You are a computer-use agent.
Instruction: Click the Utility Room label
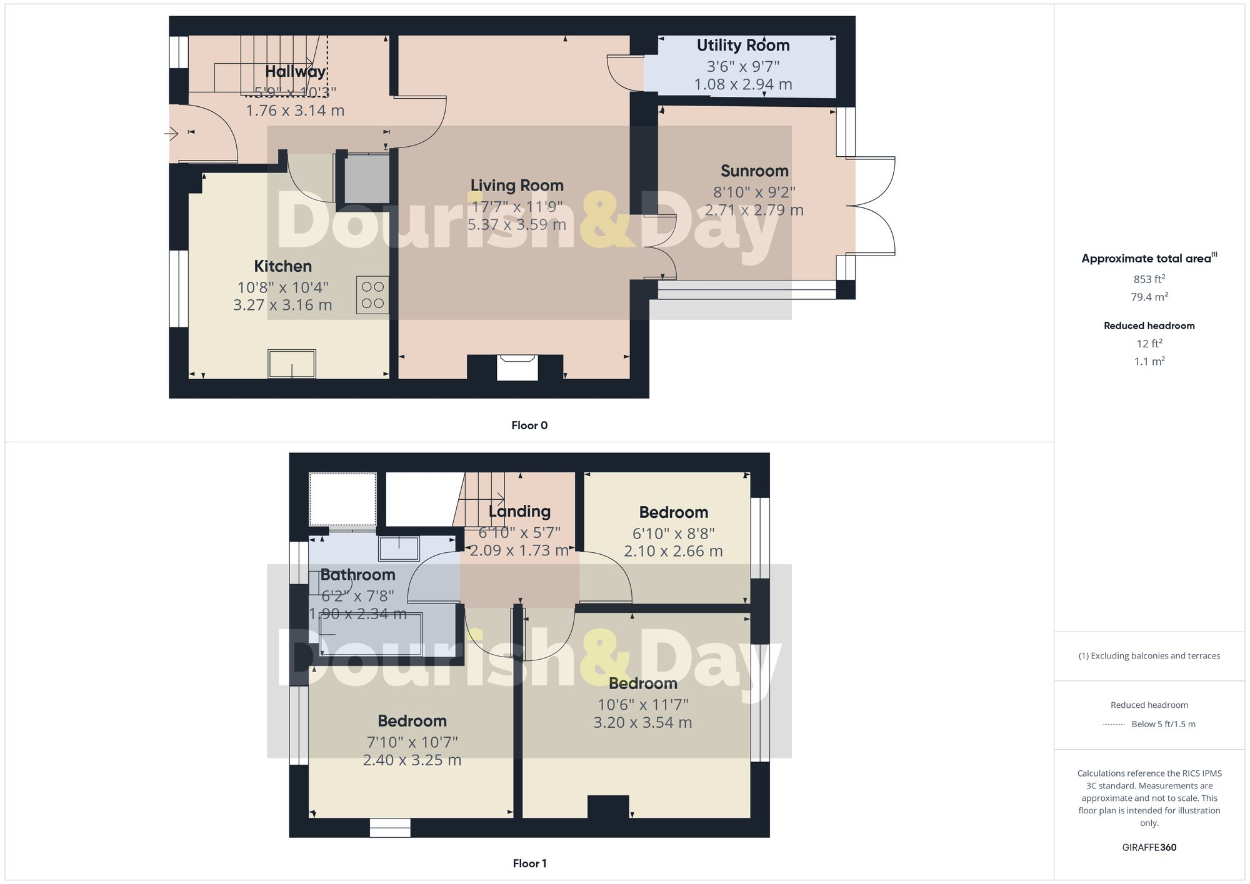pos(742,46)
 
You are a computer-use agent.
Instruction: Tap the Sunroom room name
pos(754,171)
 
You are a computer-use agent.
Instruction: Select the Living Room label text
pos(517,186)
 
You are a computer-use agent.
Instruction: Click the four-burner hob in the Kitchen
pos(372,295)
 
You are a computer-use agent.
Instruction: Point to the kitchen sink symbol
pos(292,364)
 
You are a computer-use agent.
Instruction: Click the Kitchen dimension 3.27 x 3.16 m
pos(282,305)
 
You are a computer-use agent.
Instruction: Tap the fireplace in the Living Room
pos(516,367)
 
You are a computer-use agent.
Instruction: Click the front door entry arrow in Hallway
pos(171,133)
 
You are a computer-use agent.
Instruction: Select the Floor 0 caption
pos(529,425)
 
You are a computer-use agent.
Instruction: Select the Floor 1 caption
pos(529,863)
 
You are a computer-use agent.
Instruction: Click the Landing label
pos(519,512)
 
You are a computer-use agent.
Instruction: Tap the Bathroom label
pos(358,575)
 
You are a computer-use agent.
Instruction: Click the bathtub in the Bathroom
pos(371,634)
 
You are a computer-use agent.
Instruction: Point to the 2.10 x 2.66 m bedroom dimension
pos(673,551)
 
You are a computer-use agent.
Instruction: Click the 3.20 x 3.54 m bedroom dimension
pos(642,722)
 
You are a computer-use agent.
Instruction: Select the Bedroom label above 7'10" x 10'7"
pos(412,721)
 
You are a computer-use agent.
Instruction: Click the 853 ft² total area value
pos(1149,279)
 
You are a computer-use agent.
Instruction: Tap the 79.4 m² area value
pos(1149,297)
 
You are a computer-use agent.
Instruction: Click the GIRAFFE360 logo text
pos(1149,848)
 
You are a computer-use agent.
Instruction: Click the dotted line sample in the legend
pos(1114,725)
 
